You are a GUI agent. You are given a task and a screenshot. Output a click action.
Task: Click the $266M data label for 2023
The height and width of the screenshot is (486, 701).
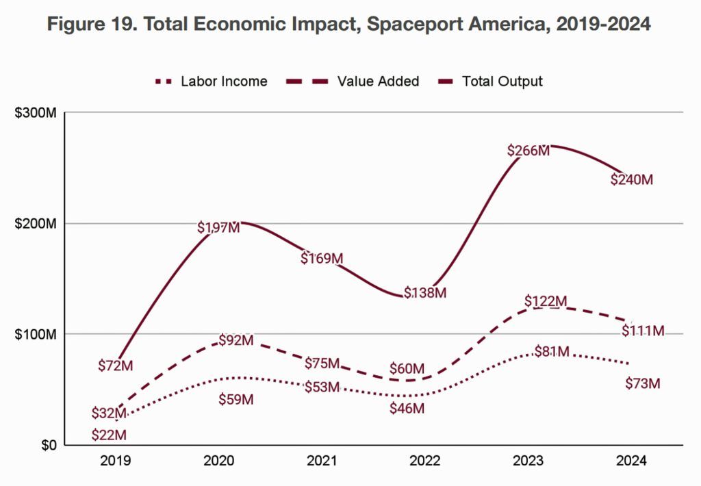pos(528,151)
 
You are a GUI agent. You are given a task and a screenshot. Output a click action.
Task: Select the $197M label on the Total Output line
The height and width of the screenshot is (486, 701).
pos(219,227)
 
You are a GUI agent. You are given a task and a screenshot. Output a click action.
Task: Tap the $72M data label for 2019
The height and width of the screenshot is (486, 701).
pos(115,366)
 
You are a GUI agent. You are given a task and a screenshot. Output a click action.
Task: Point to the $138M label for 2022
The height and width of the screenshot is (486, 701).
pos(425,293)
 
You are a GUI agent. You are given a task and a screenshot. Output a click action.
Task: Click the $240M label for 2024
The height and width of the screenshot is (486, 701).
pos(632,180)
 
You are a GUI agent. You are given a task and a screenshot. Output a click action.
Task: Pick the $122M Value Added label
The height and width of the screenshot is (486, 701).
pos(546,301)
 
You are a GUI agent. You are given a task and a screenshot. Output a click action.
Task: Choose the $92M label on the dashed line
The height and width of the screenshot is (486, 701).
pos(236,340)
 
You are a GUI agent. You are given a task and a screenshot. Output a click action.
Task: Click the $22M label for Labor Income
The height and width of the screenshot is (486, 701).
pos(110,435)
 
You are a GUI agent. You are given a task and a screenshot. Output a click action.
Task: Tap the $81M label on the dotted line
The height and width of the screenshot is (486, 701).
pos(552,352)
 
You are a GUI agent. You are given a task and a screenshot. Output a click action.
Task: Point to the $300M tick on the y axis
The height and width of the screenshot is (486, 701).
pos(35,113)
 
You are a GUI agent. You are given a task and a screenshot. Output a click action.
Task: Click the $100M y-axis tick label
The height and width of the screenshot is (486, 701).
pos(35,334)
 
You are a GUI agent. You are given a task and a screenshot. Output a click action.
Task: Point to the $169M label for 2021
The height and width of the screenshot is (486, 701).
pos(322,259)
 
